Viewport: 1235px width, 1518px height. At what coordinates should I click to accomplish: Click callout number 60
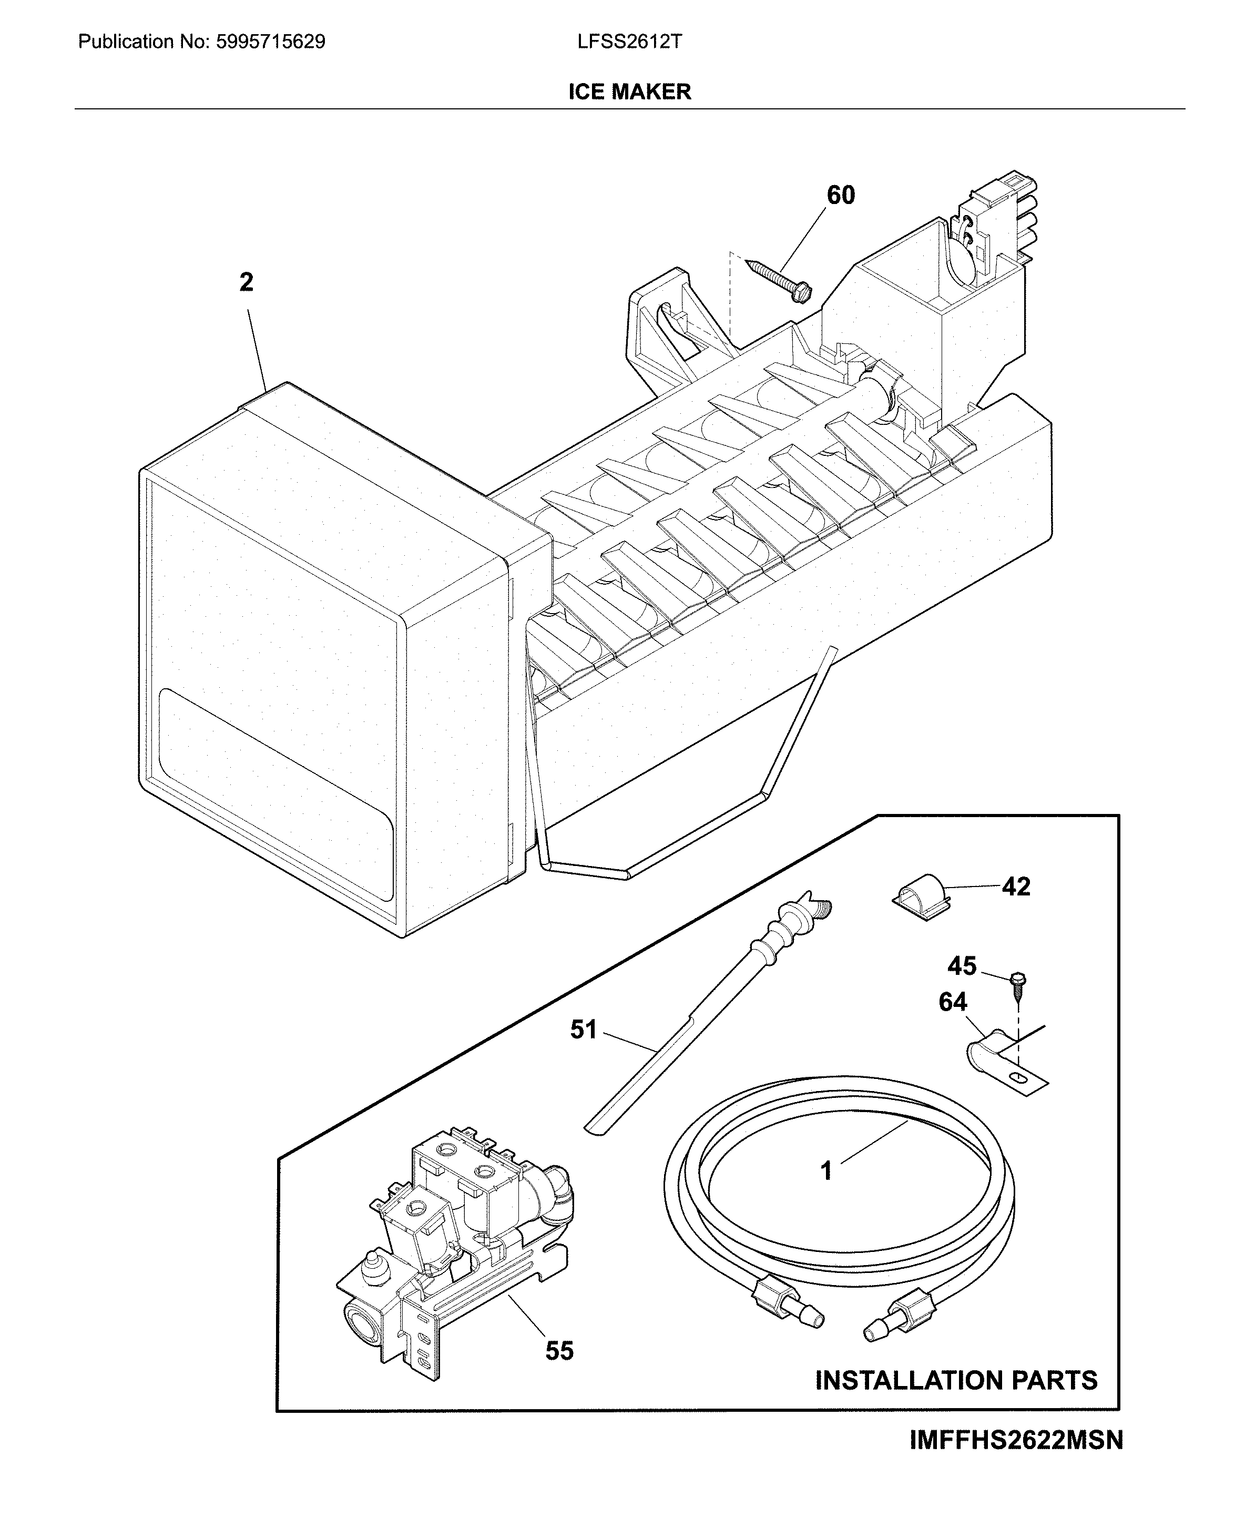click(x=840, y=195)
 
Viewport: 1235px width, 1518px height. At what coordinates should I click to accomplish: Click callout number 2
click(x=246, y=283)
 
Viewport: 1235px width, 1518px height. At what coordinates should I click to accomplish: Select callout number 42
click(x=1015, y=887)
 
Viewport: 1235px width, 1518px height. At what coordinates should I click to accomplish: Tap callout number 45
click(x=962, y=966)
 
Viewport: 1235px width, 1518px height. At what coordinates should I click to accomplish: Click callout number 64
click(x=953, y=1002)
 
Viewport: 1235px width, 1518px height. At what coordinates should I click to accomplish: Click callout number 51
click(x=584, y=1030)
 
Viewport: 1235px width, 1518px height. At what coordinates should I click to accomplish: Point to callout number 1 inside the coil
click(x=826, y=1170)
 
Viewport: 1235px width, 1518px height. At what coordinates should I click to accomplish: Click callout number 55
click(x=559, y=1351)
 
